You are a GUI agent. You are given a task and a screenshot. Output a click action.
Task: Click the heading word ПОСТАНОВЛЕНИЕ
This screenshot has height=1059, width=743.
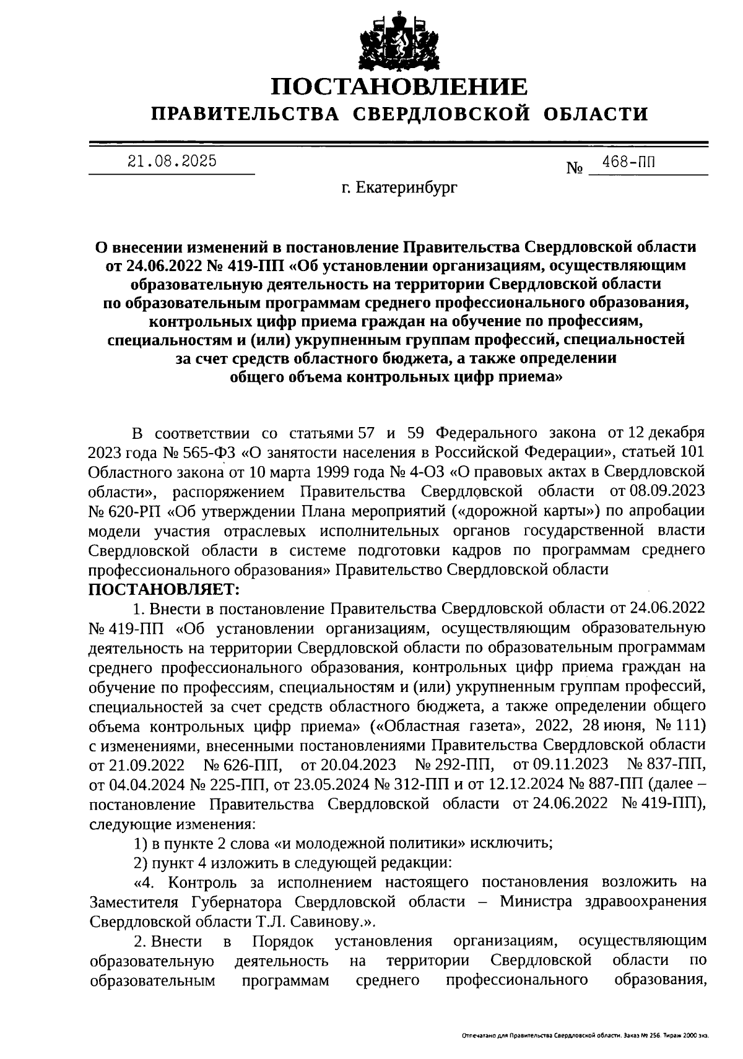399,87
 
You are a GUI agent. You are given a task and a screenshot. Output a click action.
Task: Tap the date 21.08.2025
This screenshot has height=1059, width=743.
172,162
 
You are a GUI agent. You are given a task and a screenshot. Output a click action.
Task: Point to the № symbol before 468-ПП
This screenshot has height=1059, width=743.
575,168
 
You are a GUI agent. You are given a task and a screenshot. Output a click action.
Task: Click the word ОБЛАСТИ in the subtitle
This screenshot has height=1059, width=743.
596,114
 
